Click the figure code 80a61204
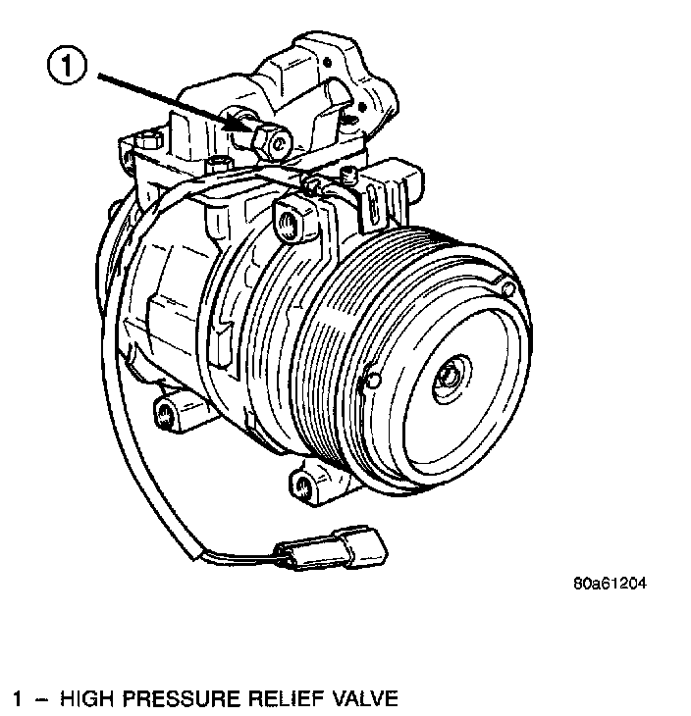click(x=611, y=585)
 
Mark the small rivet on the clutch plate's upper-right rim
click(x=507, y=286)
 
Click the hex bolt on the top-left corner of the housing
click(x=146, y=141)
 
